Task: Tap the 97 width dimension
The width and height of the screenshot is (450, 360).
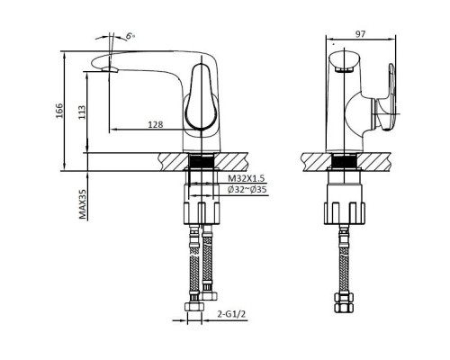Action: (x=359, y=33)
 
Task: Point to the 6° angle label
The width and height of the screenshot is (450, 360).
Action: (x=129, y=35)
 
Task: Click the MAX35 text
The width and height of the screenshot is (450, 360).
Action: (x=82, y=204)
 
